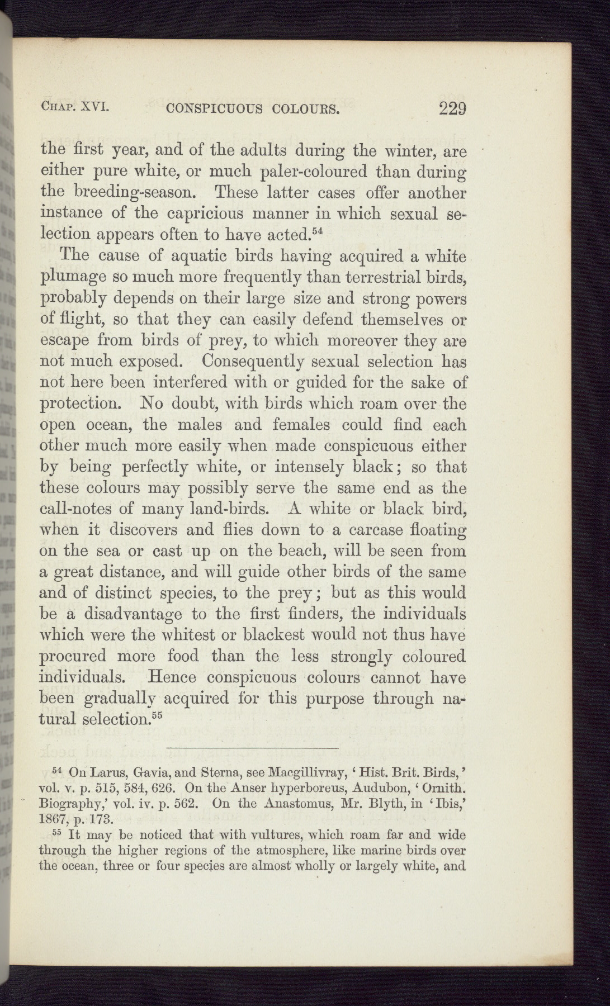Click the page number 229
(x=453, y=107)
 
